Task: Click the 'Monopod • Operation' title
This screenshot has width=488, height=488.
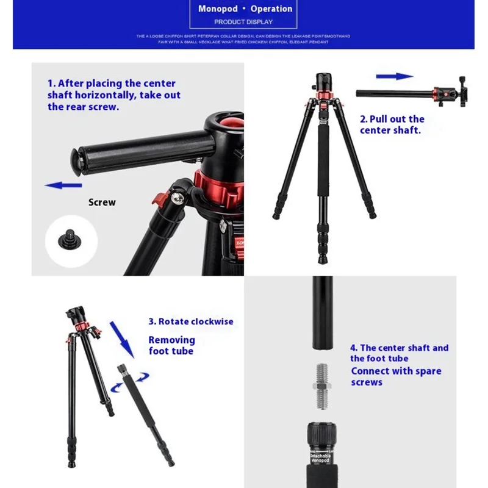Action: click(245, 9)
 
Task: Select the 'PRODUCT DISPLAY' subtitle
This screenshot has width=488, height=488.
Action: click(243, 23)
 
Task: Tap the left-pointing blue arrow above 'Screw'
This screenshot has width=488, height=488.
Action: click(63, 185)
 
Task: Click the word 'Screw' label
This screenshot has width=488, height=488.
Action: click(102, 203)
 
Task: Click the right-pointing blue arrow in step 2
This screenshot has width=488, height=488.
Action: click(395, 76)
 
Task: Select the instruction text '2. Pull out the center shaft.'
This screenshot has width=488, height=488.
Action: click(392, 124)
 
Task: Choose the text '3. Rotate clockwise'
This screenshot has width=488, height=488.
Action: click(191, 321)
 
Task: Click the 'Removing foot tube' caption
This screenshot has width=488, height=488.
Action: click(171, 345)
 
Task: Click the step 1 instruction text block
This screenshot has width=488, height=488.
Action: click(113, 95)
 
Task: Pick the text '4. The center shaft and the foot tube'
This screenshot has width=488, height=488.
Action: click(399, 353)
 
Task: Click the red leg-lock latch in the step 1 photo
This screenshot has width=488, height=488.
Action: click(162, 200)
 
